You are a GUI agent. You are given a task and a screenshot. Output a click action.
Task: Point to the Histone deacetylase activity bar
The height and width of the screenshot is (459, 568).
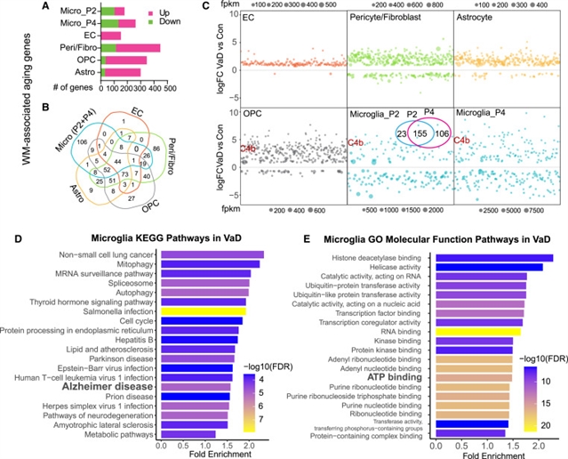tap(492, 258)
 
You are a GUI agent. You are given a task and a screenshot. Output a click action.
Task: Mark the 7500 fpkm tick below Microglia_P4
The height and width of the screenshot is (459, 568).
tap(543, 215)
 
